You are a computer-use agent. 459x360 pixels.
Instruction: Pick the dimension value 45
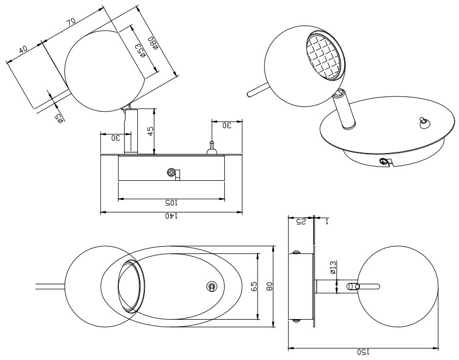click(151, 131)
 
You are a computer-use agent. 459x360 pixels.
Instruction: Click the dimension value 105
click(172, 202)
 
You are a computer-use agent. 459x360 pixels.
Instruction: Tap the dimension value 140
click(172, 216)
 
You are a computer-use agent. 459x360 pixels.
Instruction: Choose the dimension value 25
click(301, 222)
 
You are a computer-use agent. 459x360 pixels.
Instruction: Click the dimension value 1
click(326, 222)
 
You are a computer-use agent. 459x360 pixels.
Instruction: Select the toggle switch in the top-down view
click(212, 286)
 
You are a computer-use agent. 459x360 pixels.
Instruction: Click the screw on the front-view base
click(172, 173)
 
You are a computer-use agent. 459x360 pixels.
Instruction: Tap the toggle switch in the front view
click(211, 147)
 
